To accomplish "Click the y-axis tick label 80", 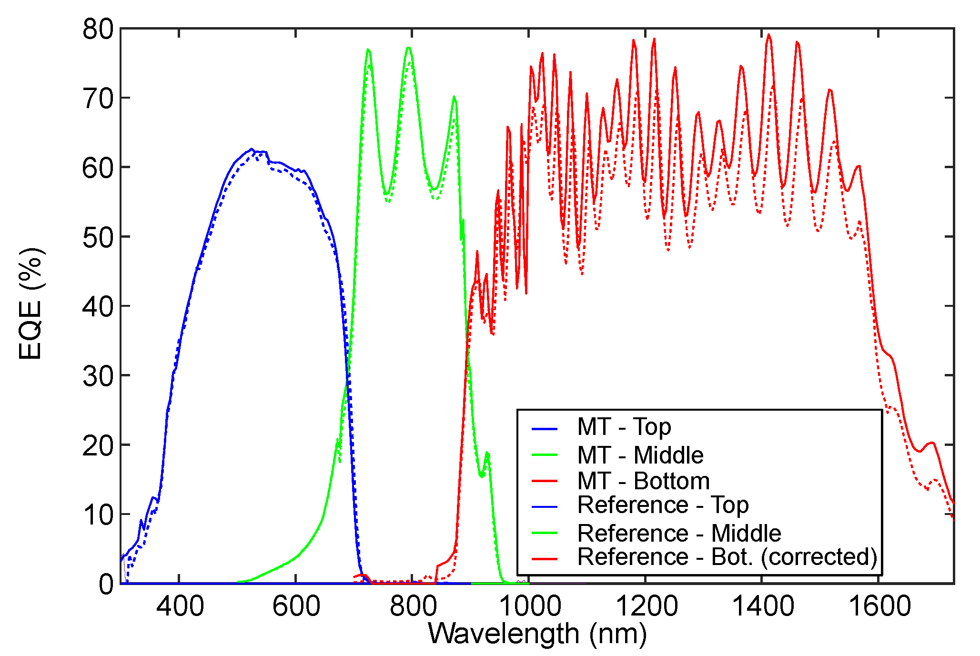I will [98, 30].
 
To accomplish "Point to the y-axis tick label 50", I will [98, 237].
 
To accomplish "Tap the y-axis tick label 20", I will [98, 445].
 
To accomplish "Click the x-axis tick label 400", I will [180, 606].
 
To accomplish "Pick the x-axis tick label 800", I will [413, 606].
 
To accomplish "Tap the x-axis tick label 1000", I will [529, 606].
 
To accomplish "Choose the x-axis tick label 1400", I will [762, 606].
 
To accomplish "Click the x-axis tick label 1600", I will [879, 606].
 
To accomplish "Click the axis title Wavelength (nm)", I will [537, 634].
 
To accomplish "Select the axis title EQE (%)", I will [31, 303].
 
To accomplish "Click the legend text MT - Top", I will [624, 427].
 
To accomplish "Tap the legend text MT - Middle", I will [640, 455].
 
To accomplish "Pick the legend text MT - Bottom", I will [643, 481].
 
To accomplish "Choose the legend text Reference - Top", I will [663, 505].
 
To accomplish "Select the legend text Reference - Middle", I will [679, 533].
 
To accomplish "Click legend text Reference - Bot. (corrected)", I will [727, 557].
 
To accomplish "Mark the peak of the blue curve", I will [252, 149].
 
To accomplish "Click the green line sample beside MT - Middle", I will [544, 455].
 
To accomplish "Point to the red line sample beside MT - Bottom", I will [544, 481].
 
